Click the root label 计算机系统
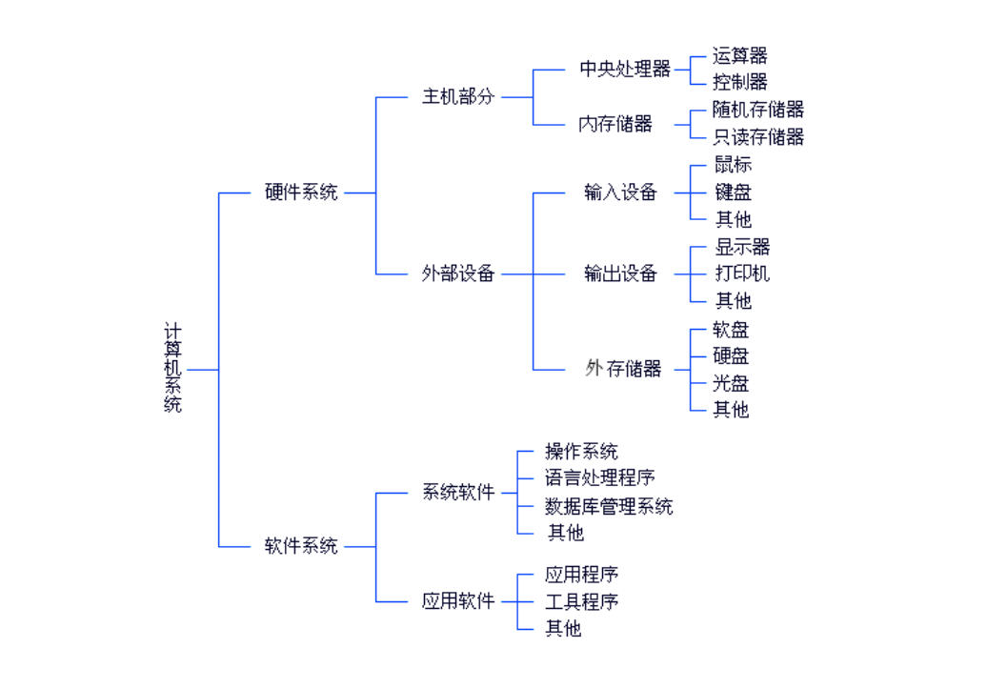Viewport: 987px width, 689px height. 172,368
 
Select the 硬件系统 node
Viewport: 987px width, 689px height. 301,192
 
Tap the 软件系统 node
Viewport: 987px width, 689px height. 301,546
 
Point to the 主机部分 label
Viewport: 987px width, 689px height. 458,96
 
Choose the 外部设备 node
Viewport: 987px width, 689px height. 458,274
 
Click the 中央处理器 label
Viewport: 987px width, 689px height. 625,69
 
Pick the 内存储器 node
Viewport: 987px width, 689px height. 615,124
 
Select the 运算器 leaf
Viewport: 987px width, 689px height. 740,55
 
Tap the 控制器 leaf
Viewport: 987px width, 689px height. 740,82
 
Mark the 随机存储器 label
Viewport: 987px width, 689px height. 758,110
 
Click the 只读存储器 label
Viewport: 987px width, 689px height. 758,137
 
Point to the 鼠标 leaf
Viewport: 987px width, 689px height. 733,165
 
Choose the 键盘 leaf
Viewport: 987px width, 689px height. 733,192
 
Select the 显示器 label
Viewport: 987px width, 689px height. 742,247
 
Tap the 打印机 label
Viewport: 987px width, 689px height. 742,274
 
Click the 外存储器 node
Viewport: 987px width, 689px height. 623,369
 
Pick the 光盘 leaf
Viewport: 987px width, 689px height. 731,383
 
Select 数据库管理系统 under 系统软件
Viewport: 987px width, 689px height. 609,506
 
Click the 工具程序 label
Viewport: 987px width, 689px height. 581,601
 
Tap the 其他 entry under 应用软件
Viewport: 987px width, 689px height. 563,629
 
